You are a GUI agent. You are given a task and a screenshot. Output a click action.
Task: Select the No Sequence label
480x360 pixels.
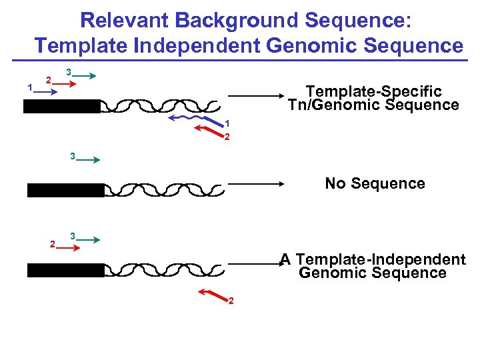pos(375,183)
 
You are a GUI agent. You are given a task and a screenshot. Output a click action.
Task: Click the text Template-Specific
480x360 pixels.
pos(373,91)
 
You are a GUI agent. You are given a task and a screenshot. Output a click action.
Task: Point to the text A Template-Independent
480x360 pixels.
pos(373,259)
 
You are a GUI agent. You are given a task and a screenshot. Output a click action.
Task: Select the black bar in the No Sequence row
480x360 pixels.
pos(65,191)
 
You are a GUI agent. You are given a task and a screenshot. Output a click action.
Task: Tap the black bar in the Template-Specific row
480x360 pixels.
pos(61,107)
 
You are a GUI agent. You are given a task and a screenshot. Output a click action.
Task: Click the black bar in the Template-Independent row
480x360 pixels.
pos(65,270)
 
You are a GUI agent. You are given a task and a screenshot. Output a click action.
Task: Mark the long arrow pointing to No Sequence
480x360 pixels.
pos(257,183)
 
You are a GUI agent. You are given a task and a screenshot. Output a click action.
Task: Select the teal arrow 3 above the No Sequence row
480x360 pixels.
pos(87,161)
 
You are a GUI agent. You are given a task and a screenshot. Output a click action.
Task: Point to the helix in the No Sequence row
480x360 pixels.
pos(163,190)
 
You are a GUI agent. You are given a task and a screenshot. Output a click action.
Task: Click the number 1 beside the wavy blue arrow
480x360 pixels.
pos(227,123)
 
